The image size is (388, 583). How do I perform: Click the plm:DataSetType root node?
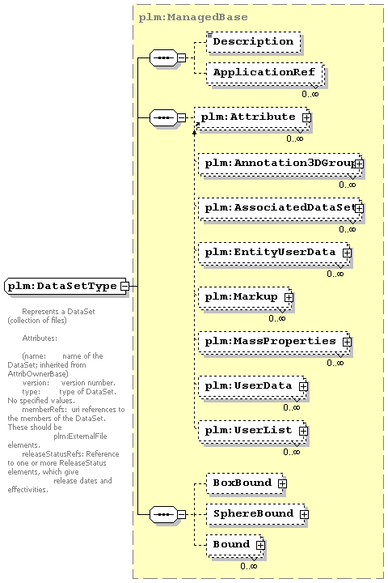point(66,287)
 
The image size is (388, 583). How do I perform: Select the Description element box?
point(253,41)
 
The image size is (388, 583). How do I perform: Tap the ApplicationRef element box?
point(265,73)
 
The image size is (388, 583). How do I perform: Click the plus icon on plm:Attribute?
point(306,117)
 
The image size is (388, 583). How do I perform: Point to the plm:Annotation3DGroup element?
point(280,164)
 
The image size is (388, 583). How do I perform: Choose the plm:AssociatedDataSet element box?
point(280,208)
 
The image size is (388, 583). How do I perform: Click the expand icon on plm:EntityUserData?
point(347,253)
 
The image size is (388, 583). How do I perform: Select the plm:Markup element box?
point(245,297)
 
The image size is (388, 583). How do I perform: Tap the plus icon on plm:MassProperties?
point(347,342)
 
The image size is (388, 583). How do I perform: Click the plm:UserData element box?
point(252,386)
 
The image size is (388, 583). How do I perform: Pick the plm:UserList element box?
point(252,431)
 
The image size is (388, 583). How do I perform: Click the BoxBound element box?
point(246,483)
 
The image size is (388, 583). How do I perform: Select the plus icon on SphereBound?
point(304,514)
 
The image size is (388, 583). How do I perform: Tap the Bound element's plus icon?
point(260,545)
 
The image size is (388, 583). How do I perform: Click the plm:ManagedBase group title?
point(193,18)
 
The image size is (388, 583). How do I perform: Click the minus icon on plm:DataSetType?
point(124,287)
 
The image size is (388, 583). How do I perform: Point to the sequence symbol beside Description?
point(163,57)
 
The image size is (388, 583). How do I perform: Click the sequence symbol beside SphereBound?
point(163,514)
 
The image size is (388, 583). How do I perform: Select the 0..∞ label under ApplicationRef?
point(310,94)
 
